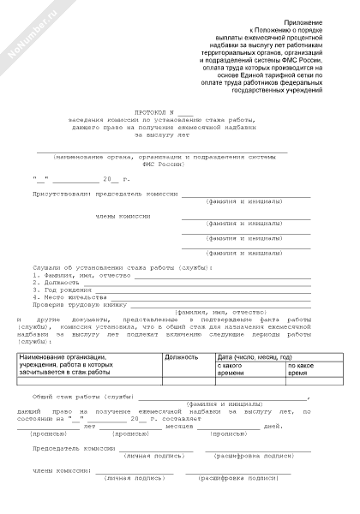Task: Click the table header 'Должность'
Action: coord(181,356)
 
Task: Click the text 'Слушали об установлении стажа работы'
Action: coord(111,268)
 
